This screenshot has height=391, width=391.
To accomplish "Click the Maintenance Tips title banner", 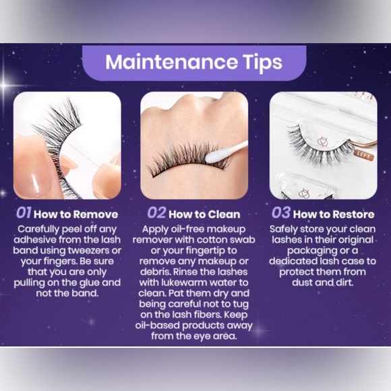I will click(195, 62).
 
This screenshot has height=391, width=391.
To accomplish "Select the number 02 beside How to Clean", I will click(156, 214).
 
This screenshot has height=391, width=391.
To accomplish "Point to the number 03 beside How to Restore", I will click(281, 214).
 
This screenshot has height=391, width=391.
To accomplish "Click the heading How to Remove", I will click(76, 214).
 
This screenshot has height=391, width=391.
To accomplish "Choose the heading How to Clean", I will click(204, 214).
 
